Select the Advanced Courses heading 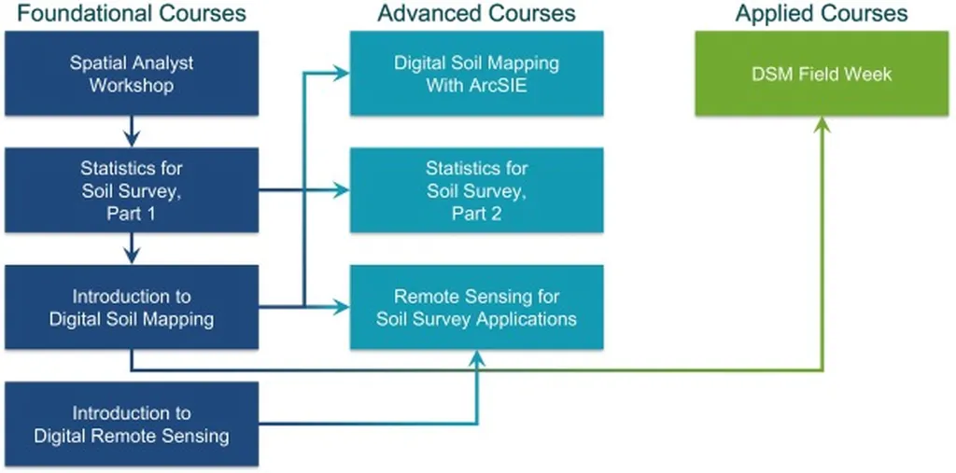click(476, 13)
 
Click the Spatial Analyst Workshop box click(132, 74)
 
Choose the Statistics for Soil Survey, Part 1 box click(132, 190)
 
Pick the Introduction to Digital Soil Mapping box click(132, 307)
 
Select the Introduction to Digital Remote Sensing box click(132, 424)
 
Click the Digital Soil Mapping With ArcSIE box click(476, 74)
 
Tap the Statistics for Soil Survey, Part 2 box click(476, 190)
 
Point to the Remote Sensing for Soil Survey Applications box click(476, 307)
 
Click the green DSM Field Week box click(822, 74)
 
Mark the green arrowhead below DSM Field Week click(822, 125)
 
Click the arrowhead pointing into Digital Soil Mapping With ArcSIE click(342, 74)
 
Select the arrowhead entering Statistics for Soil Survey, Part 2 click(342, 190)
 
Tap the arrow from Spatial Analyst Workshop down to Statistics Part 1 click(132, 132)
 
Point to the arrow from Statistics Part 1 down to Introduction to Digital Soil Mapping click(132, 248)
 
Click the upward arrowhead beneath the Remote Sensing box click(477, 358)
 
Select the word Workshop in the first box click(132, 86)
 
